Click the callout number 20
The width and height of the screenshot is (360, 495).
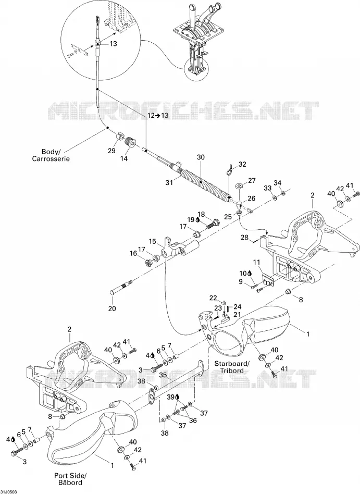112,308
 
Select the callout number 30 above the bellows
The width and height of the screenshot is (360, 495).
201,157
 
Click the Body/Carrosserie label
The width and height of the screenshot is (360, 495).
51,155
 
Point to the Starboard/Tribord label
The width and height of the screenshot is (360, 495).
232,366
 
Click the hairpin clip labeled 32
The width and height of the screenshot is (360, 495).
230,169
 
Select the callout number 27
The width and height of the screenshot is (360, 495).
252,181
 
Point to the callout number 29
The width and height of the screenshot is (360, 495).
111,151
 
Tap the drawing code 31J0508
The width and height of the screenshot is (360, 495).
9,492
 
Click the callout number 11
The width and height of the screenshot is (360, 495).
256,262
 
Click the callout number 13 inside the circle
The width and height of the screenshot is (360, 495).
113,44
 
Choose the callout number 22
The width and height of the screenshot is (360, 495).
214,298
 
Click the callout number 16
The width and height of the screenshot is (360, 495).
133,253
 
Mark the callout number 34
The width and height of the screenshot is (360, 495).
277,183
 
